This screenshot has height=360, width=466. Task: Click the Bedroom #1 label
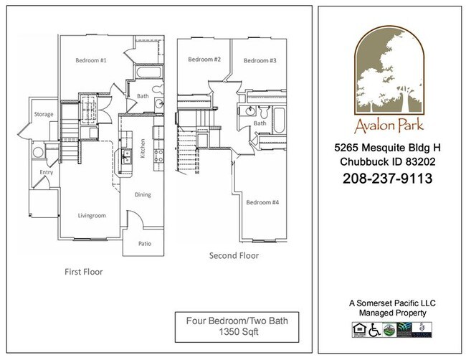click(91, 61)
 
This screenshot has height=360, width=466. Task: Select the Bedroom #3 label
click(260, 61)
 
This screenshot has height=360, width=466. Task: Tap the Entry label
click(36, 172)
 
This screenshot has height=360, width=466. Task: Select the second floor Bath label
click(260, 123)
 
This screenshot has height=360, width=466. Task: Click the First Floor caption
click(85, 273)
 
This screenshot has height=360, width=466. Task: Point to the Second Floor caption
click(234, 255)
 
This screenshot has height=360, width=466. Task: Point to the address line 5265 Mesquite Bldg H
click(387, 148)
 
